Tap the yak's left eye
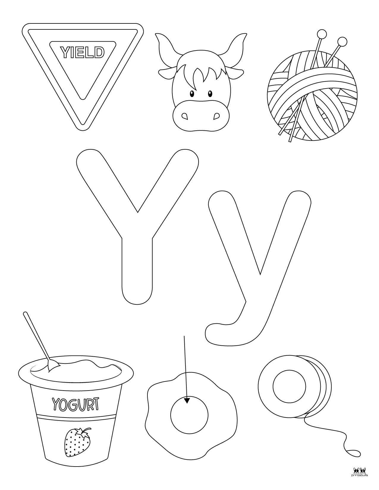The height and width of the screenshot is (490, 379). pyautogui.click(x=192, y=93)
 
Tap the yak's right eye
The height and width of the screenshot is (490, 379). pyautogui.click(x=210, y=93)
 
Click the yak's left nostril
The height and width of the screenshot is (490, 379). pyautogui.click(x=185, y=116)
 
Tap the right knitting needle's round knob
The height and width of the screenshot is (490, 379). pyautogui.click(x=342, y=41)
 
